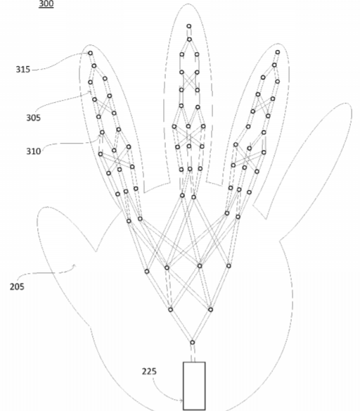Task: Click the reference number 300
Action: [46, 4]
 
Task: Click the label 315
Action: [23, 70]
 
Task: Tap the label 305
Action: [34, 118]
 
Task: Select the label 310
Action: [34, 151]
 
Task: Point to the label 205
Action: [17, 286]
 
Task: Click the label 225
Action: [149, 372]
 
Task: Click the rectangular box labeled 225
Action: [194, 386]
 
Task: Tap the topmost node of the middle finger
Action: [188, 26]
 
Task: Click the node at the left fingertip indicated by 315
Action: [90, 53]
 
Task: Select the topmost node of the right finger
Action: [278, 52]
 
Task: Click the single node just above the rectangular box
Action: [192, 342]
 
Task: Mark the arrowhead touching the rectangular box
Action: [181, 400]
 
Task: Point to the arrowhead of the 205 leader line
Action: [75, 266]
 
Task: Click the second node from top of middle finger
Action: [189, 39]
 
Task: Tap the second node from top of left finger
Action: [94, 65]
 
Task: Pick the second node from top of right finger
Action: [274, 65]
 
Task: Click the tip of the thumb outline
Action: [46, 208]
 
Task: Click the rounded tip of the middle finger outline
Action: [188, 4]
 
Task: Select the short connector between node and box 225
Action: [193, 353]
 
